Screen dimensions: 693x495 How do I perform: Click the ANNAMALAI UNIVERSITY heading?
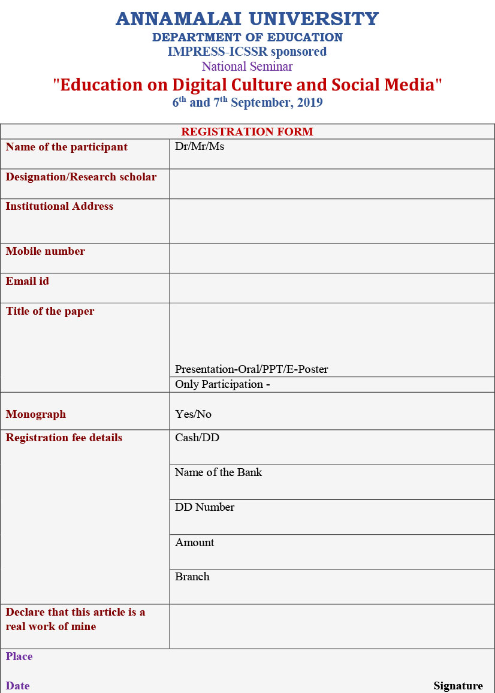(247, 19)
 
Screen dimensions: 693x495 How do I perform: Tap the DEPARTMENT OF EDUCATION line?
(247, 37)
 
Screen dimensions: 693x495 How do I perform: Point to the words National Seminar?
(247, 67)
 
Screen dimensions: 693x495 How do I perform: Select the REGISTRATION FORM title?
(247, 132)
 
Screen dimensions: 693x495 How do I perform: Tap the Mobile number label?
(46, 251)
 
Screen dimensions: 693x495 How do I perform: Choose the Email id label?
(28, 281)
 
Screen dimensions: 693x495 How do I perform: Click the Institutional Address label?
(59, 206)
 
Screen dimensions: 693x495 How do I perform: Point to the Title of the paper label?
(50, 311)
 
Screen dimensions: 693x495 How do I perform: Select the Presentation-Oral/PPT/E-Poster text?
(252, 369)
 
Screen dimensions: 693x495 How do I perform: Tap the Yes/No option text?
(193, 414)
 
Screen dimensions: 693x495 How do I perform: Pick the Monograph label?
(36, 414)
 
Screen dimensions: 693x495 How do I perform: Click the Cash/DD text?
(197, 438)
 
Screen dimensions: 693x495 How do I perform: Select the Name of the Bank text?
(219, 472)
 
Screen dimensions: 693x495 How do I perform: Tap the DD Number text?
(204, 507)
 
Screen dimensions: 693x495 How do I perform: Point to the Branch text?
(192, 577)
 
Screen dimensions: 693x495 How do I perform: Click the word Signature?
(458, 686)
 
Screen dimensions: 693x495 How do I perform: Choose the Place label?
(19, 656)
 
